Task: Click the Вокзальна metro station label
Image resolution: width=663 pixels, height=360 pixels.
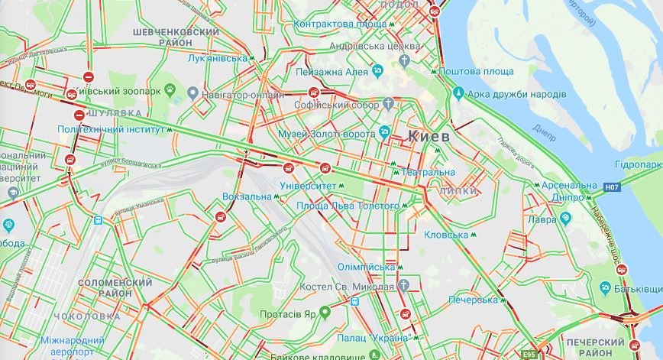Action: point(247,196)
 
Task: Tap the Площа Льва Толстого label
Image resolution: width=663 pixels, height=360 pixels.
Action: point(348,206)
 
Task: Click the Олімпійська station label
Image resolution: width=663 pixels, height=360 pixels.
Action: point(366,267)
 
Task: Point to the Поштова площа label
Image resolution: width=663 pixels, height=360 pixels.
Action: point(479,71)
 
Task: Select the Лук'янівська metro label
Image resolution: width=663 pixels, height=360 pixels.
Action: point(217,58)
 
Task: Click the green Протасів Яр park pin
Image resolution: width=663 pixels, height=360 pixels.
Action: point(325,311)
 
